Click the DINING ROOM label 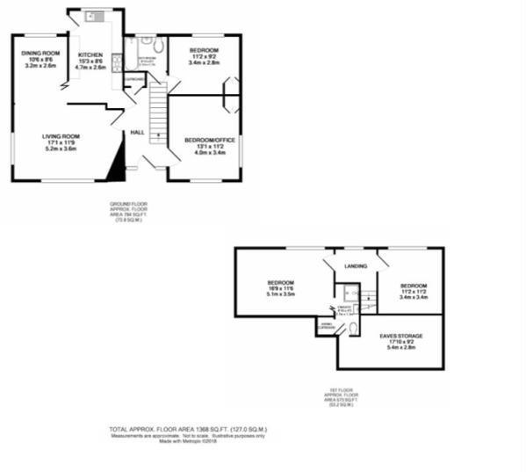click(x=41, y=54)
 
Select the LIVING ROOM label click(x=61, y=136)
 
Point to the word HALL click(x=137, y=132)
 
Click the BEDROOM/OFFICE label click(x=205, y=140)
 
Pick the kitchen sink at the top click(x=93, y=17)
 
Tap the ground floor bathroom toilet click(x=158, y=46)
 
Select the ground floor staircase click(x=157, y=110)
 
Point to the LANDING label click(x=356, y=265)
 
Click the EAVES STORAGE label click(x=401, y=336)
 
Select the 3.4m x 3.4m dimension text click(x=413, y=297)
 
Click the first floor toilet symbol click(x=351, y=328)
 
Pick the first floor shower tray click(x=349, y=294)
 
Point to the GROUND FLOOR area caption click(x=126, y=211)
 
